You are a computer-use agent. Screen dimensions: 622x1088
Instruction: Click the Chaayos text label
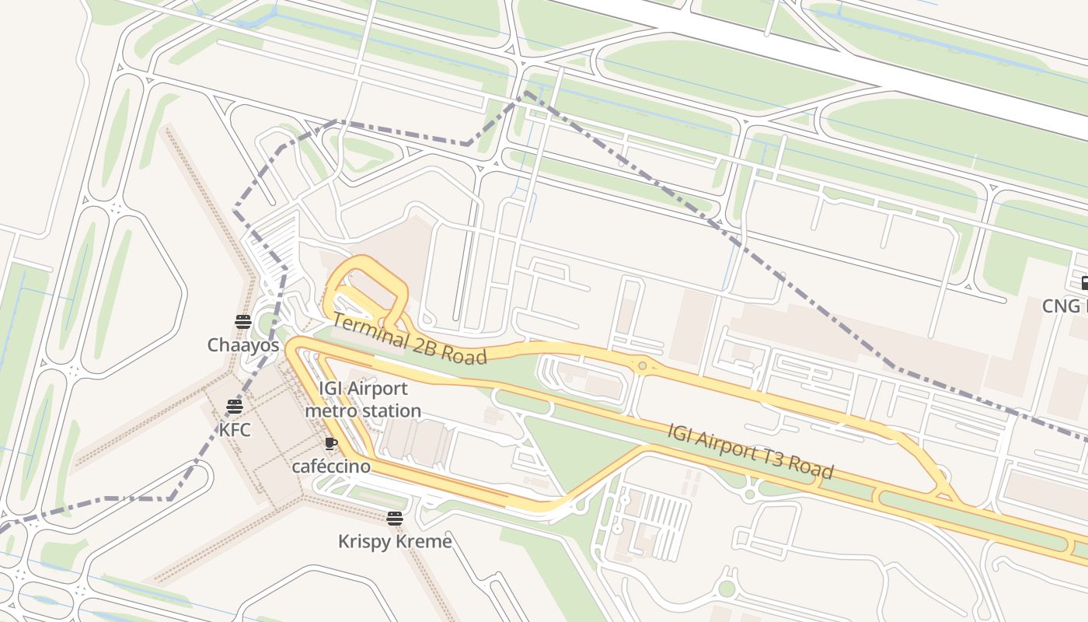[x=242, y=344]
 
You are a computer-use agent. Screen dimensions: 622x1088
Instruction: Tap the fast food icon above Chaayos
[x=243, y=322]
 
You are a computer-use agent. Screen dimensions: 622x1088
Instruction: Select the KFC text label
[x=235, y=429]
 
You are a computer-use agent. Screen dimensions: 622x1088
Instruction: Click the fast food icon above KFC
[x=235, y=406]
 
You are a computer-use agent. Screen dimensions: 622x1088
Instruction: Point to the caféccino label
[x=331, y=466]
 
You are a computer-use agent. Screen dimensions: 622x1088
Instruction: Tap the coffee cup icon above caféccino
[x=330, y=444]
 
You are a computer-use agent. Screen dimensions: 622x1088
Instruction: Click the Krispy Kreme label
[x=395, y=541]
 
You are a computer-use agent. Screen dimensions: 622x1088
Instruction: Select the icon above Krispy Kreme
[x=395, y=519]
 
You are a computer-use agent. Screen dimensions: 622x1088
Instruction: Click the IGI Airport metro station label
[x=363, y=399]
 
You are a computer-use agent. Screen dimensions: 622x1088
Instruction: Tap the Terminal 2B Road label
[x=410, y=339]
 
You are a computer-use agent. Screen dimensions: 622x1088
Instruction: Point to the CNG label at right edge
[x=1064, y=306]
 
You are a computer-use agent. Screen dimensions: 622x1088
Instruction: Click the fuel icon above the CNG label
[x=1085, y=283]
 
